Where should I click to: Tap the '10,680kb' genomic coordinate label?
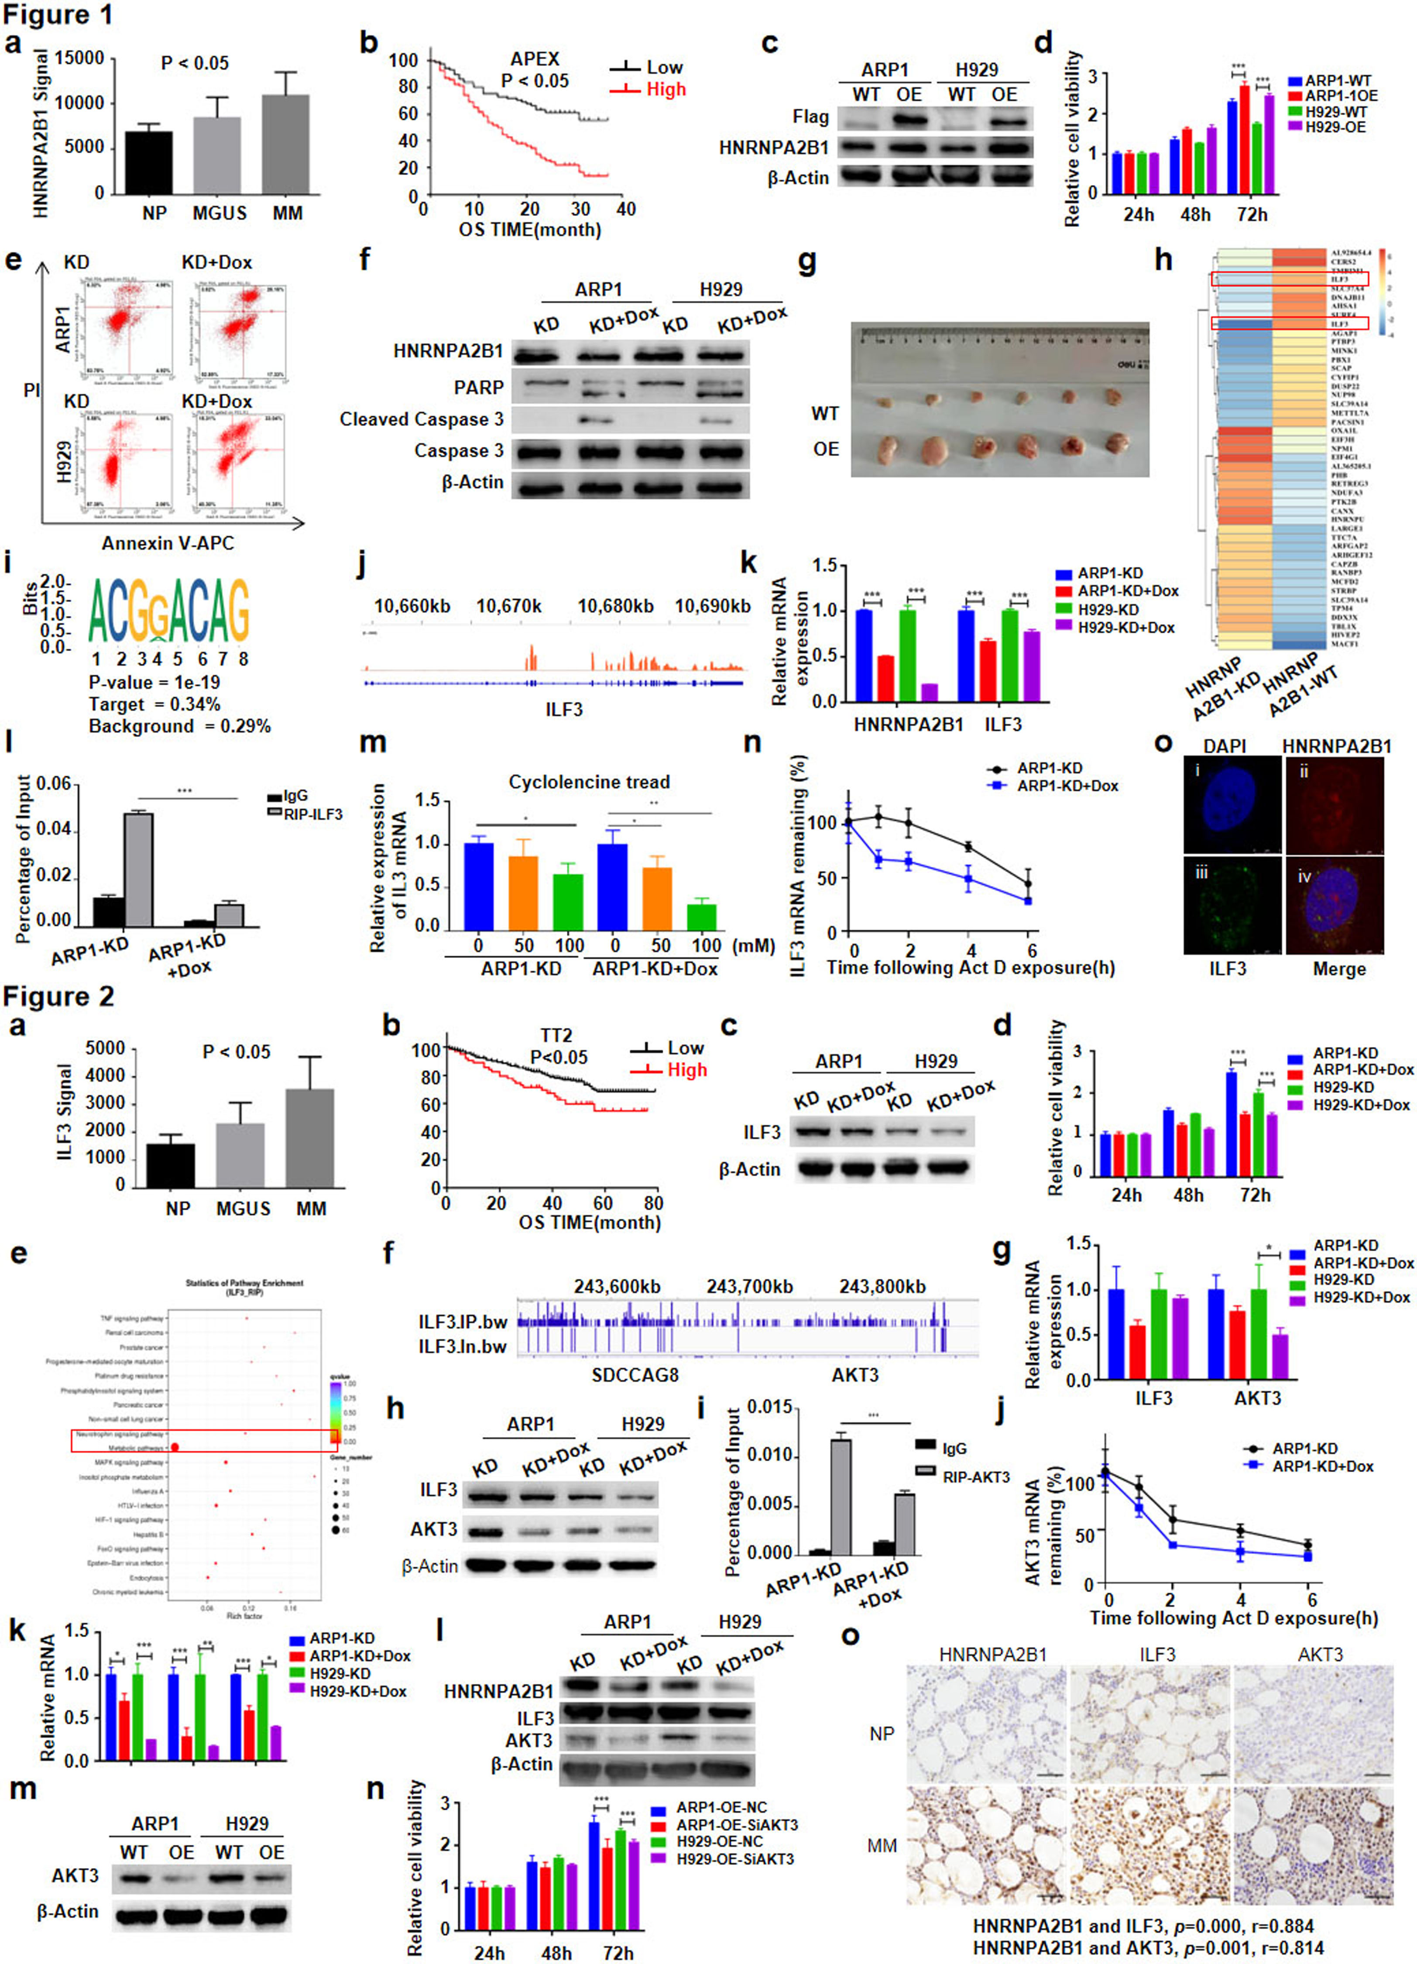pos(616,606)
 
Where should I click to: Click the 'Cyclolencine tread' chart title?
pos(589,782)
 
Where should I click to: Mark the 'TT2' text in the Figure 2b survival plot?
pos(555,1036)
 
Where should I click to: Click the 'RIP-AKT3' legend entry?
pos(975,1476)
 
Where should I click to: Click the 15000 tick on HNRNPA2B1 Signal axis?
pos(80,59)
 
